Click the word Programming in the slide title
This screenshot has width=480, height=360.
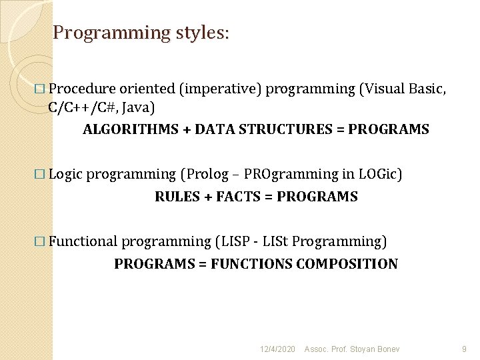(111, 33)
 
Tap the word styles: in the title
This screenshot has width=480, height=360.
(203, 33)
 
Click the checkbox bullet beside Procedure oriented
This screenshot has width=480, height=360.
(40, 89)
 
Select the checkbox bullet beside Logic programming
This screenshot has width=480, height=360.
(40, 174)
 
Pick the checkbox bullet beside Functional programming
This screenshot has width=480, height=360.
(40, 241)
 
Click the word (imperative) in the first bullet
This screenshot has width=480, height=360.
(221, 89)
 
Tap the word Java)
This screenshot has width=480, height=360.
(138, 108)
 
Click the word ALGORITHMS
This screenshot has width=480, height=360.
(131, 129)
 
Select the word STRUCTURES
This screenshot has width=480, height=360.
(285, 129)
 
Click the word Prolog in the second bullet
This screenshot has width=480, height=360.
(205, 175)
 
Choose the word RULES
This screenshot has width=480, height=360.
(177, 197)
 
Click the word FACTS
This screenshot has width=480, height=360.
(238, 197)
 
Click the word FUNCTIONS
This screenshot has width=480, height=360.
(251, 264)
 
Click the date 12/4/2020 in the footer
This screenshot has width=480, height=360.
(277, 349)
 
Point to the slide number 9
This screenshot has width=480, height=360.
(464, 349)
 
